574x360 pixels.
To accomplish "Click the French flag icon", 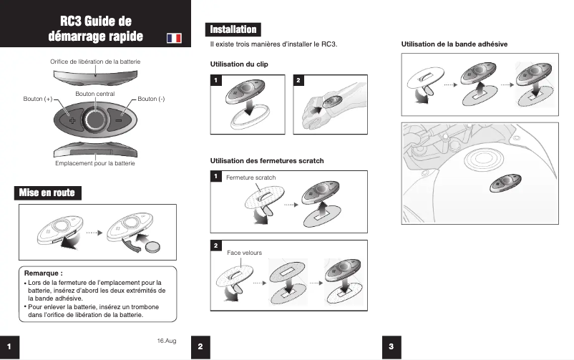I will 173,37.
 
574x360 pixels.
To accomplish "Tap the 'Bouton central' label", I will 95,94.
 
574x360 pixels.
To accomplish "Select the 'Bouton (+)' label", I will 38,98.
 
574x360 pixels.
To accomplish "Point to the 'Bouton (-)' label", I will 151,98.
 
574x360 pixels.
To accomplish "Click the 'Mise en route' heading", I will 47,193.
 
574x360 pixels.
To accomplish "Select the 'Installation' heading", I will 233,29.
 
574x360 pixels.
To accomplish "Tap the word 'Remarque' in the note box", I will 44,273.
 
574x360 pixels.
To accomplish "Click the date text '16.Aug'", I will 166,339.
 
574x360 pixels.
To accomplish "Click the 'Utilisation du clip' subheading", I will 239,64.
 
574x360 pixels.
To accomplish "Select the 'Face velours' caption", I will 244,253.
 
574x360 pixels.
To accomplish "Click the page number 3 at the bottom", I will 391,346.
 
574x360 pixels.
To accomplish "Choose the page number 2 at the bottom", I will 200,346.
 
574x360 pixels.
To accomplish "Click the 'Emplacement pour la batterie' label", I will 95,164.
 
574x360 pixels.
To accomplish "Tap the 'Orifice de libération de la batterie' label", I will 95,62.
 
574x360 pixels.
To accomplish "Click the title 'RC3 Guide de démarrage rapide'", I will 95,29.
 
